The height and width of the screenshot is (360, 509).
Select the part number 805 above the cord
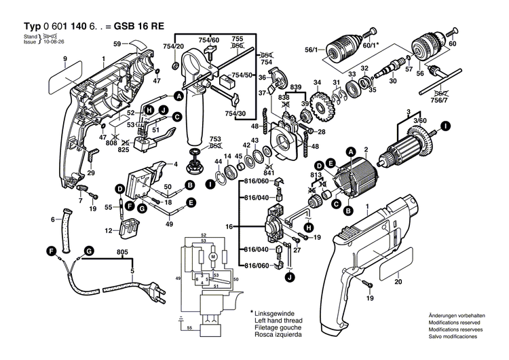(x=121, y=253)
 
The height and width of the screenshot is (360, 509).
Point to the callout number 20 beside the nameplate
(x=398, y=282)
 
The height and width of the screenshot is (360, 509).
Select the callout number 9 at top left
(x=65, y=60)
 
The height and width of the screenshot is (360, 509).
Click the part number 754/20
(x=174, y=46)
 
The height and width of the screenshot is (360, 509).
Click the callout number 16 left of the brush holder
(x=229, y=225)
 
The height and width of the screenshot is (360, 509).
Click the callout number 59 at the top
(x=116, y=45)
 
